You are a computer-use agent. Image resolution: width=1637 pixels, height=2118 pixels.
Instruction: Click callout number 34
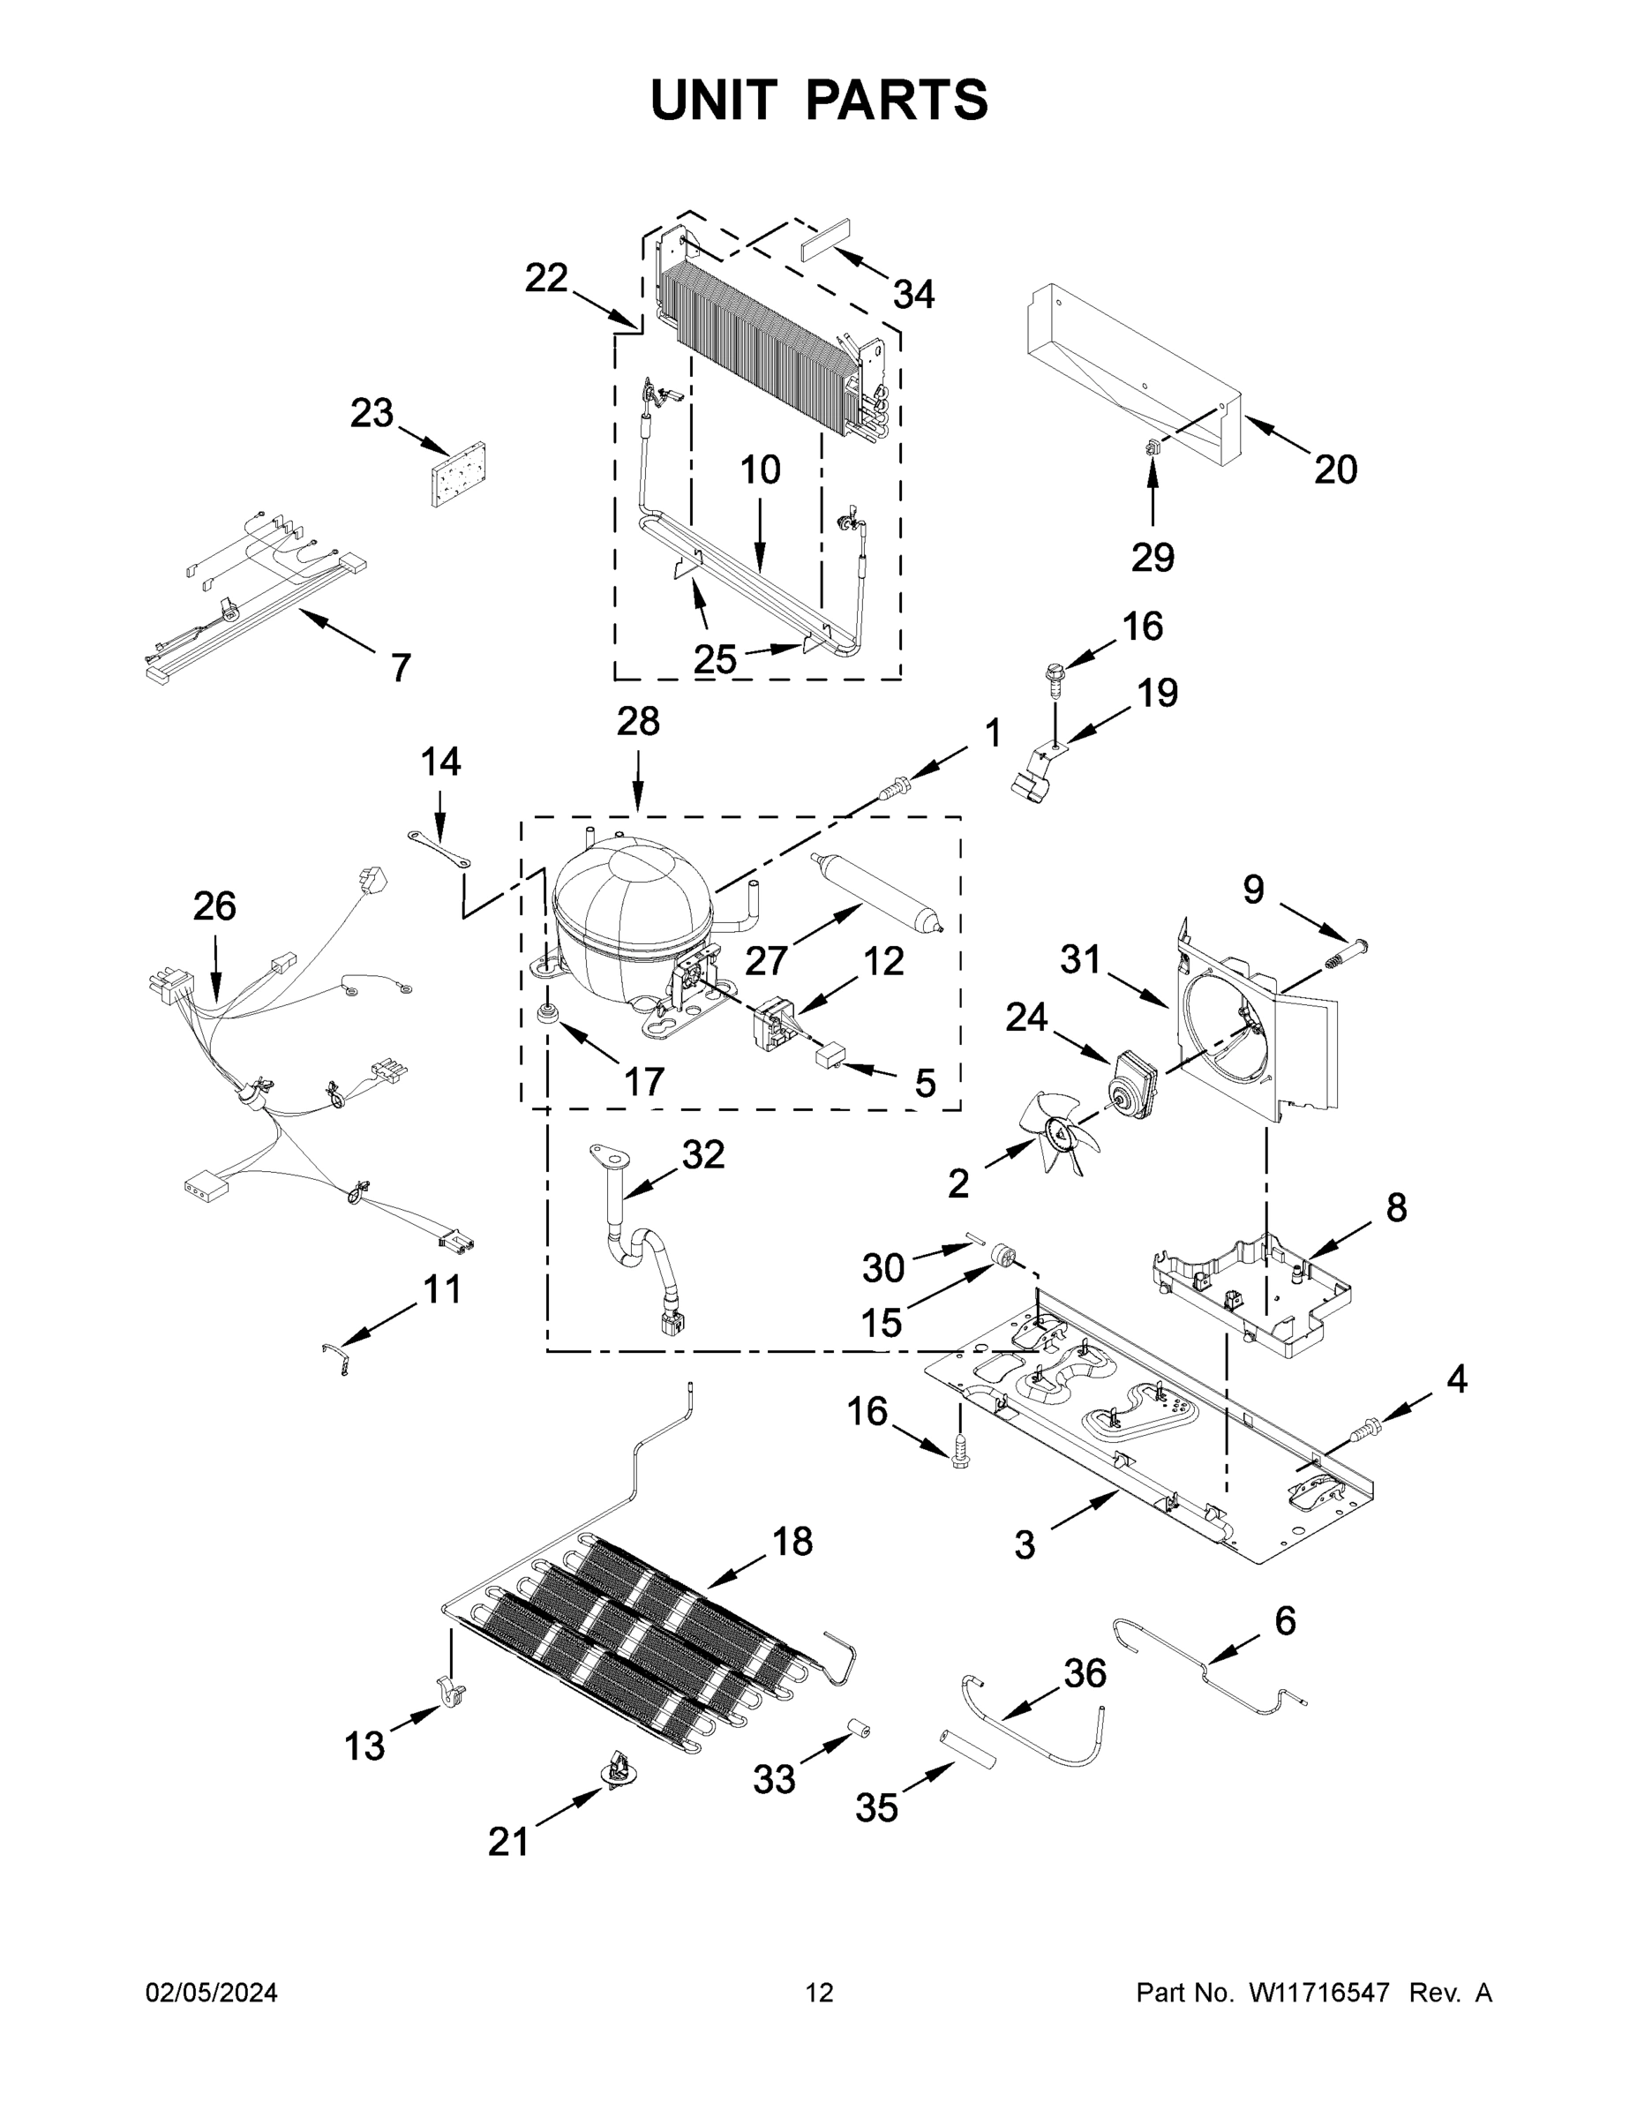[x=912, y=294]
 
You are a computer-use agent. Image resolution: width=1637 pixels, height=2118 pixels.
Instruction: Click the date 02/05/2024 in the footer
[x=212, y=1992]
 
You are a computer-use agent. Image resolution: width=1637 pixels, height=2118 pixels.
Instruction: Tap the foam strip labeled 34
[x=825, y=238]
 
